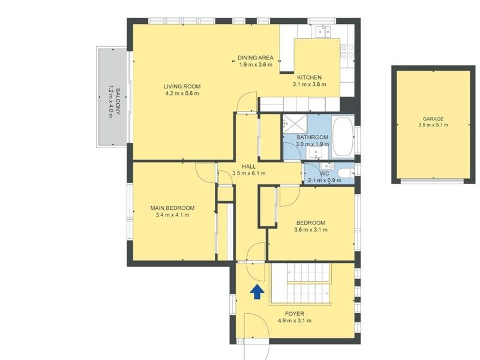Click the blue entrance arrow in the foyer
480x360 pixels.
point(257,292)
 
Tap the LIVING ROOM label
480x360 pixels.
point(182,86)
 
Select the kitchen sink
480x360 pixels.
point(323,31)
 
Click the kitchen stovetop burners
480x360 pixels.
point(347,51)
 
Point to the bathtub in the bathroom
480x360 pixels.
point(342,137)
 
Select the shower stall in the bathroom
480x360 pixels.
point(295,124)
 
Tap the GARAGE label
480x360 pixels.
point(433,119)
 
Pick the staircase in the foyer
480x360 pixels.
point(301,284)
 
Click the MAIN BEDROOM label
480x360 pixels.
point(172,208)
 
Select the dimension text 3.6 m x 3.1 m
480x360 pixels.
point(311,230)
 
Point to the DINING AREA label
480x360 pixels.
point(256,58)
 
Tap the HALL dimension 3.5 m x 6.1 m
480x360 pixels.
point(249,173)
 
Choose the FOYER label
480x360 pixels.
point(295,314)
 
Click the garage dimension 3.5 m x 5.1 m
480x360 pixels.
point(433,125)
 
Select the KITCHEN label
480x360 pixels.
point(310,77)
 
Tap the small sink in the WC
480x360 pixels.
point(327,166)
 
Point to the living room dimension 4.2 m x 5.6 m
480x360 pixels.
point(182,93)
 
